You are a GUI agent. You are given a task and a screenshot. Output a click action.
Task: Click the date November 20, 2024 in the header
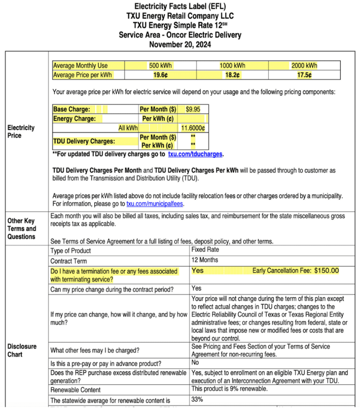[x=180, y=45]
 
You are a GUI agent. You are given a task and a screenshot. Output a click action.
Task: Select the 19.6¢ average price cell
[x=160, y=75]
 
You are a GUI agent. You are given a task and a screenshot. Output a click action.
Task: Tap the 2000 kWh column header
[x=304, y=66]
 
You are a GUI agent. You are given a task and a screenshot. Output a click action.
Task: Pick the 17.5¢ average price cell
[x=304, y=75]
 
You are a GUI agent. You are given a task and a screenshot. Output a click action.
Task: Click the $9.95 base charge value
[x=193, y=109]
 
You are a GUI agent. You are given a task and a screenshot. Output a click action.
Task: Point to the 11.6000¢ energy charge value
[x=193, y=128]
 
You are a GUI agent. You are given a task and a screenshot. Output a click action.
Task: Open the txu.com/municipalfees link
[x=155, y=204]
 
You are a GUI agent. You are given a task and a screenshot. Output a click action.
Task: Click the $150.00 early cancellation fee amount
[x=327, y=271]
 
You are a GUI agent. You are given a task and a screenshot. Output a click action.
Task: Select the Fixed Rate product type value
[x=205, y=250]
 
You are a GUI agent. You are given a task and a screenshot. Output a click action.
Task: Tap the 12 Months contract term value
[x=205, y=260]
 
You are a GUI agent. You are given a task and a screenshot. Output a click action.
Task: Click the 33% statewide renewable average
[x=197, y=399]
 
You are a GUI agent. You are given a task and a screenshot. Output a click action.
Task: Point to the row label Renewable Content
[x=75, y=390]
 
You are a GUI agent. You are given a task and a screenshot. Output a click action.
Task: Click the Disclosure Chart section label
[x=22, y=350]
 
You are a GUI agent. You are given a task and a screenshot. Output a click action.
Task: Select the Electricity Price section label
[x=21, y=131]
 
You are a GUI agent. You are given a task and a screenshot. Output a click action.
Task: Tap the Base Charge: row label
[x=72, y=109]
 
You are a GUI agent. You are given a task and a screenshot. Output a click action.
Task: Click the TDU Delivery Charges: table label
[x=84, y=141]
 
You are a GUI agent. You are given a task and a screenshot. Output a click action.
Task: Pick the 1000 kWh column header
[x=232, y=66]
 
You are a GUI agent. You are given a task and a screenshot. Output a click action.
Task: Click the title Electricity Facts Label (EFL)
[x=180, y=7]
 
